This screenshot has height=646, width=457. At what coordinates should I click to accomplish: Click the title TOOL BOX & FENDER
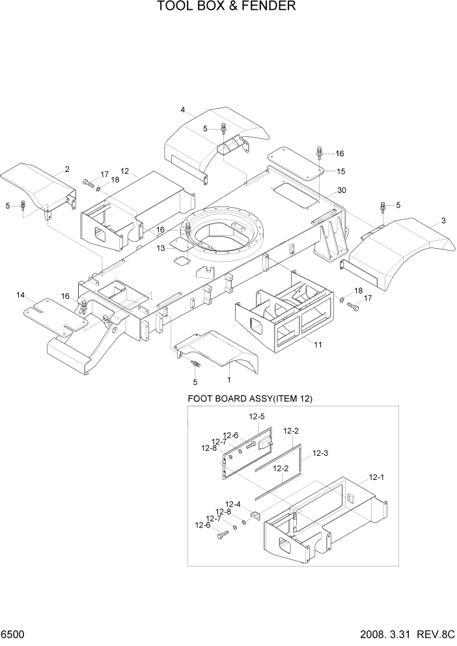coord(227,7)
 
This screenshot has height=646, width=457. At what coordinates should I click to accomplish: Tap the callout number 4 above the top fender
coord(183,109)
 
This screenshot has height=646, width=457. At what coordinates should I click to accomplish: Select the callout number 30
coord(341,191)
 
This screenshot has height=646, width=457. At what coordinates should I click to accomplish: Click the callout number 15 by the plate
coord(340,171)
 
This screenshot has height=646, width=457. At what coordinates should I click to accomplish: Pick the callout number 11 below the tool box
coord(318,344)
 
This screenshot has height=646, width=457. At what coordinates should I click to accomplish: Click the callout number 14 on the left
coord(21,296)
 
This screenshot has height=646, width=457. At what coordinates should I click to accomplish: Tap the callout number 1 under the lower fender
coord(229,378)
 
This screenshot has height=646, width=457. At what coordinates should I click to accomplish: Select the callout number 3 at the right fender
coord(443,221)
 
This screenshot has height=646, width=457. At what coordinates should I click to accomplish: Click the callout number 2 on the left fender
coord(67,169)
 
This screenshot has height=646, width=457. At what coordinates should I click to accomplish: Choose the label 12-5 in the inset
coord(256,417)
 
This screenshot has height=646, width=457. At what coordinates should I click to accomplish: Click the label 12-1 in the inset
coord(378,477)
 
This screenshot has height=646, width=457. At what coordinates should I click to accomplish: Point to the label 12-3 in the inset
coord(320,453)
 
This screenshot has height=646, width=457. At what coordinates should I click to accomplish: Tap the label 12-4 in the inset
coord(233,504)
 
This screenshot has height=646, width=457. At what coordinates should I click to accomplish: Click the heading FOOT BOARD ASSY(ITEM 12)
coord(250,399)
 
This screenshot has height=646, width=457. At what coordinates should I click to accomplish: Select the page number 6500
coord(13,634)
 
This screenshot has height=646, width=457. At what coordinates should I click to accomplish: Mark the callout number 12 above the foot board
coord(125,171)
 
